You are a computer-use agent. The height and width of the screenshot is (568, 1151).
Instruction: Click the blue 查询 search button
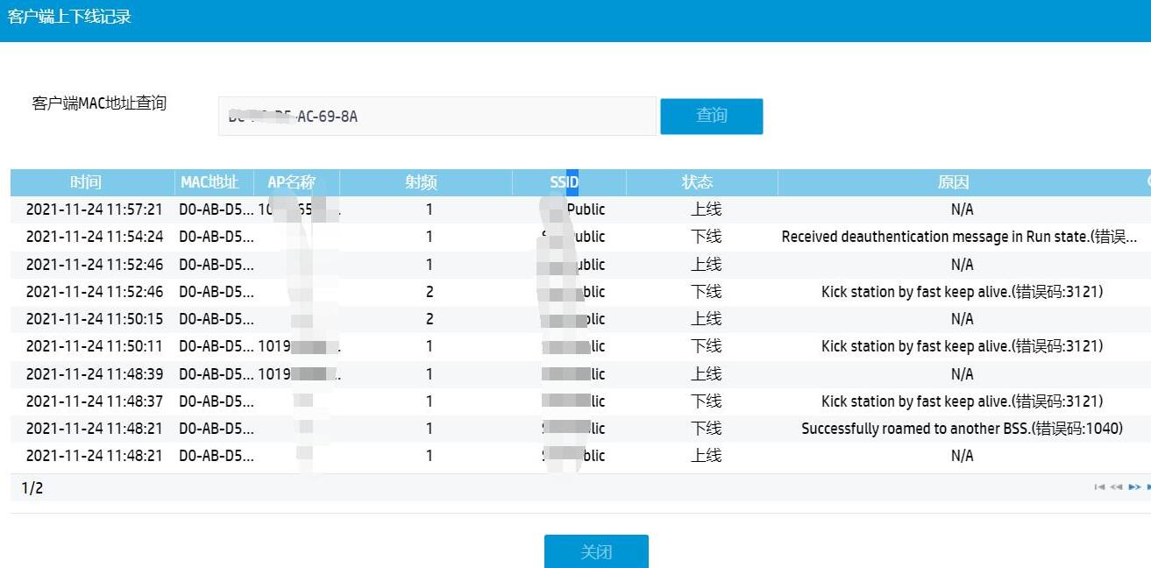point(711,116)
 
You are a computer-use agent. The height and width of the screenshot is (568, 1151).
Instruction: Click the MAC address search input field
point(437,117)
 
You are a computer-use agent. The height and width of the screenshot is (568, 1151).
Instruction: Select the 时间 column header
point(86,182)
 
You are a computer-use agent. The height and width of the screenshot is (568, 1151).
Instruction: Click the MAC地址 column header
point(210,182)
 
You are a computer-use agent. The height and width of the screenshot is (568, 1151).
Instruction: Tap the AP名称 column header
point(291,182)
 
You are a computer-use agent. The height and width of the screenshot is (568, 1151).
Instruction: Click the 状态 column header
point(697,182)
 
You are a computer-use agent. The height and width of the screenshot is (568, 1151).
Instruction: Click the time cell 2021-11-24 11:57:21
point(94,209)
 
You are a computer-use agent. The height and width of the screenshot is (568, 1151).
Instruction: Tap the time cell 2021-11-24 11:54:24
point(94,237)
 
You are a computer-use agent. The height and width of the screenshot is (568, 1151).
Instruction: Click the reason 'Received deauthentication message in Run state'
point(959,237)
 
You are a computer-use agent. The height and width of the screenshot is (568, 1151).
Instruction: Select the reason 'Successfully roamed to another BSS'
point(962,429)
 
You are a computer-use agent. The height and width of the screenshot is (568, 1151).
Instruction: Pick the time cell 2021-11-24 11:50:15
point(94,319)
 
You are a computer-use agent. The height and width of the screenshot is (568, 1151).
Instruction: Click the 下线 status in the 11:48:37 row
point(706,401)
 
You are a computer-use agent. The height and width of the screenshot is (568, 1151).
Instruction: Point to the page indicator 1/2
point(32,488)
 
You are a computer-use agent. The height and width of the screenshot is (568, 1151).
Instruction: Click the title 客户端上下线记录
point(69,17)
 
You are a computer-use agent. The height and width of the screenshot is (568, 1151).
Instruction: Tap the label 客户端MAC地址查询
point(99,103)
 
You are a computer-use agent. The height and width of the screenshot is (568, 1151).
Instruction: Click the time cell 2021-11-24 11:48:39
point(94,374)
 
